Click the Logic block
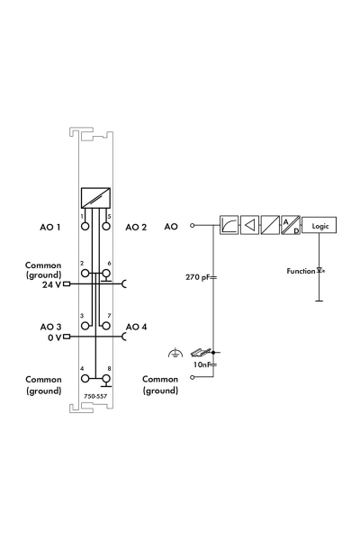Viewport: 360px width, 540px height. [x=319, y=226]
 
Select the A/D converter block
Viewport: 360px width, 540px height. [x=291, y=225]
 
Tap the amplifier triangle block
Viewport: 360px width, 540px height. [x=249, y=225]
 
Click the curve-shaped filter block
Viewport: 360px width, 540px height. [x=229, y=225]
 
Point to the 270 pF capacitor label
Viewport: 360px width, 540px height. [x=197, y=277]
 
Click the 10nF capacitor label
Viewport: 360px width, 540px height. [x=202, y=364]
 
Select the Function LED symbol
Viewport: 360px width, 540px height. [x=320, y=271]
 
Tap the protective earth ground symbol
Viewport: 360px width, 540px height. [x=175, y=353]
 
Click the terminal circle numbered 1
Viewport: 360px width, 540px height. [x=85, y=226]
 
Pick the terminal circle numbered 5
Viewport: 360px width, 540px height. [x=106, y=226]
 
